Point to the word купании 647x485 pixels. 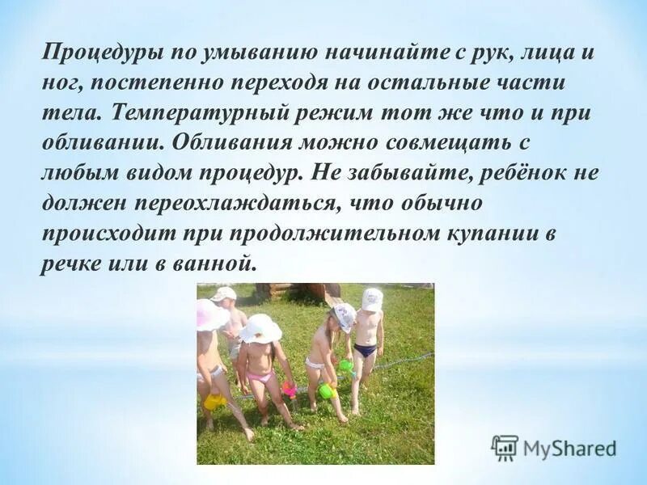pos(493,234)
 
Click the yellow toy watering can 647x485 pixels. pos(214,401)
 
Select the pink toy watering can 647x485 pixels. pos(290,389)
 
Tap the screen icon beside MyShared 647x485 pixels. pos(505,448)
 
